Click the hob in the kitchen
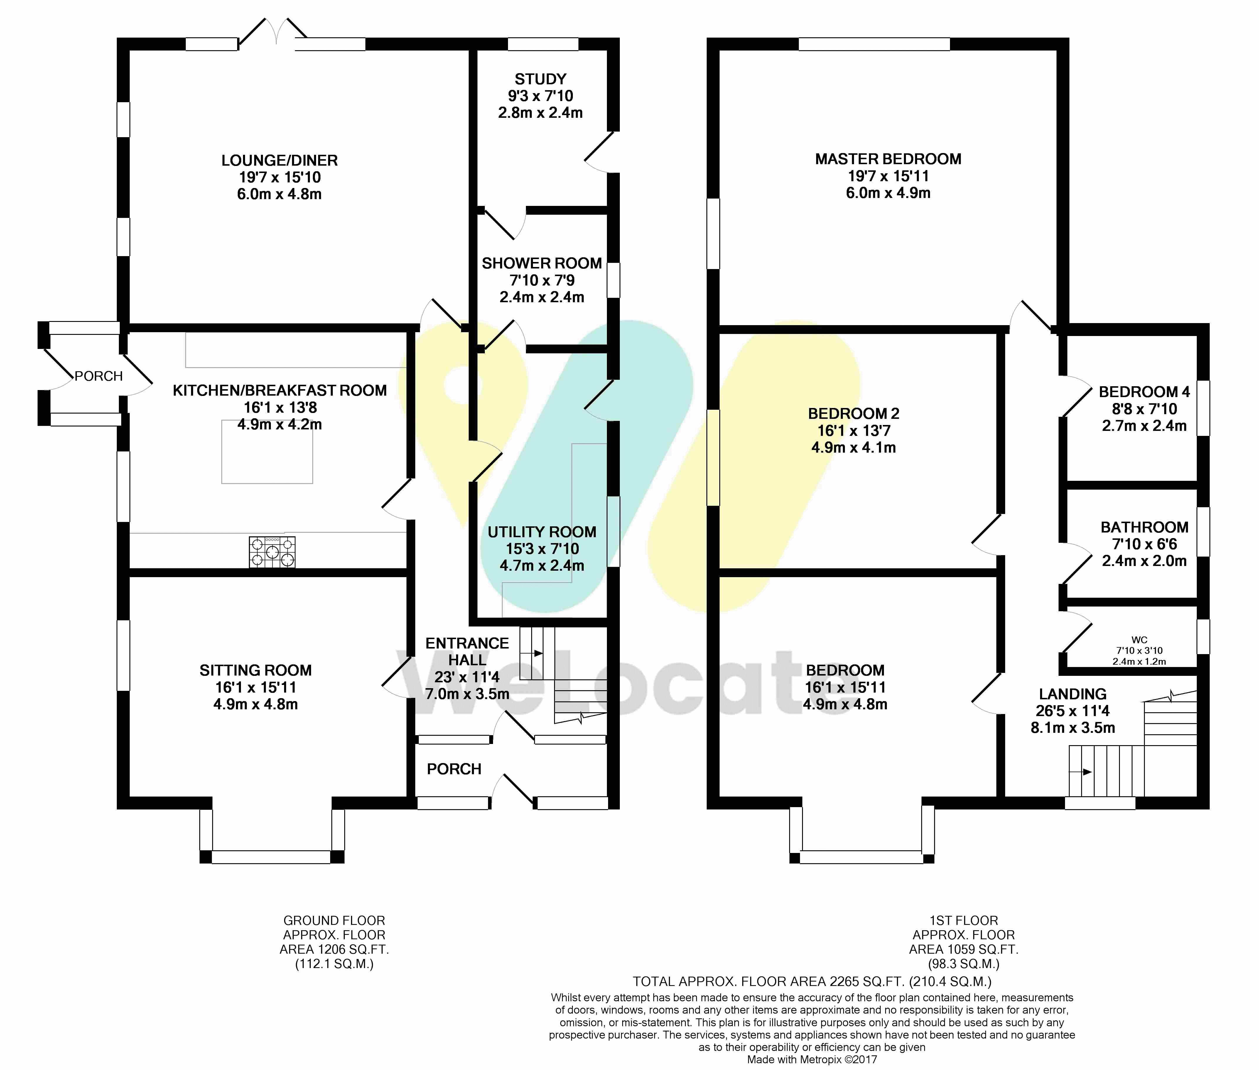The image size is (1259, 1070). pos(272,552)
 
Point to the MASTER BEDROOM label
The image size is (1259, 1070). pos(888,159)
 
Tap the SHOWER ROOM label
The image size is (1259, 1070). pos(542,263)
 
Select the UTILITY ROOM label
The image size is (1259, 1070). pos(542,532)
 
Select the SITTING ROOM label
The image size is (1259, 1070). pos(256,670)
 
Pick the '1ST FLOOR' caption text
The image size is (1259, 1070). pos(964,920)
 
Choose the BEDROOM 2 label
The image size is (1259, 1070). pos(853,414)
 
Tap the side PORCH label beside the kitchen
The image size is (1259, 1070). pos(99,376)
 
